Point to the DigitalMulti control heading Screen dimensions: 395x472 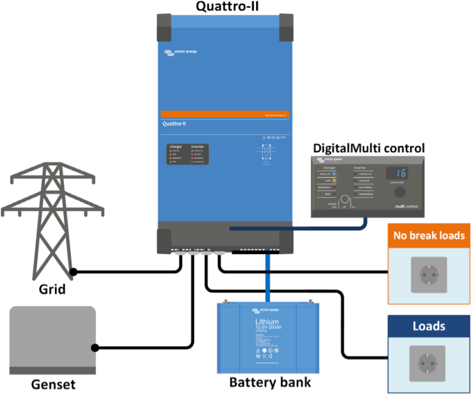coord(368,148)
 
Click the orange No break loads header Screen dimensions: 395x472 coord(429,236)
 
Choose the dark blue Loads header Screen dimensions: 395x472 coord(429,327)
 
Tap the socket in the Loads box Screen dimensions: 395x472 coord(429,363)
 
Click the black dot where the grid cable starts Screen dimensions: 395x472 coord(73,272)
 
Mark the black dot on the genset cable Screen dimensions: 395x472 coord(95,348)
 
